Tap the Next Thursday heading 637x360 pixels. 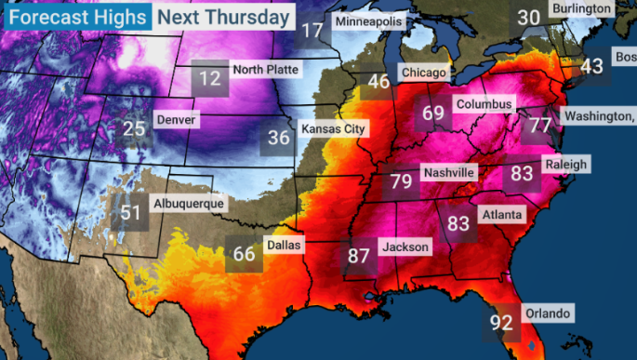click(x=223, y=16)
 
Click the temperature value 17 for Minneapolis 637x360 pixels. click(x=313, y=30)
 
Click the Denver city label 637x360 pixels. click(x=177, y=120)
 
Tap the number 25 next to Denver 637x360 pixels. click(x=135, y=128)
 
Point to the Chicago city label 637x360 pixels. click(x=423, y=72)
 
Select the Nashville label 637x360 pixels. click(x=448, y=173)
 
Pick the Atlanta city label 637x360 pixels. click(x=503, y=215)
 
